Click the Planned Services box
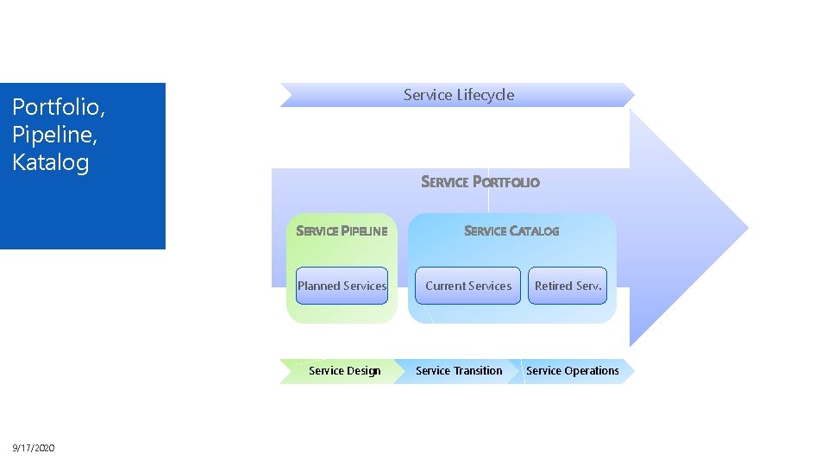coord(342,286)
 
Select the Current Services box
coord(468,286)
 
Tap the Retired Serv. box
coord(568,286)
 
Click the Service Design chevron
coord(338,371)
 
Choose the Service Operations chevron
coord(572,371)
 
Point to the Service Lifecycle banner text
coord(458,95)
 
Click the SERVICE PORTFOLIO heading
coord(480,182)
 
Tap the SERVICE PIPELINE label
coord(342,231)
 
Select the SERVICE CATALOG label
coord(511,231)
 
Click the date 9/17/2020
coord(34,447)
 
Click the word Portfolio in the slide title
coord(57,108)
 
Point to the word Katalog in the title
coord(51,162)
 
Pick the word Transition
coord(473,371)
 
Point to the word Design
coord(364,371)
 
